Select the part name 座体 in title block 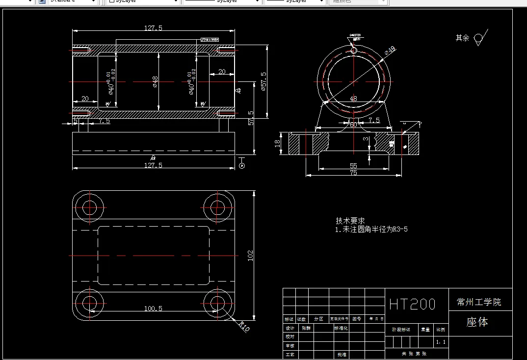[x=477, y=322]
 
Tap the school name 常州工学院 [x=478, y=302]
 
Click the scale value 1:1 [x=441, y=342]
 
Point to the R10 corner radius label [x=244, y=326]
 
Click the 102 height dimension [x=250, y=255]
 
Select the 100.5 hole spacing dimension [x=153, y=309]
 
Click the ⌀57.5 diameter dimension [x=263, y=82]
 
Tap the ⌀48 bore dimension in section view [x=155, y=82]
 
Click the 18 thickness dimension [x=278, y=143]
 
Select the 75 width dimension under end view [x=353, y=173]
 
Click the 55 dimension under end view [x=353, y=166]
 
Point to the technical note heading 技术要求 [x=350, y=221]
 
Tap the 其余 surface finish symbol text [x=462, y=38]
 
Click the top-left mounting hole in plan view [x=90, y=207]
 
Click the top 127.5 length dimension [x=153, y=28]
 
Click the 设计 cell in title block [x=290, y=328]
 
